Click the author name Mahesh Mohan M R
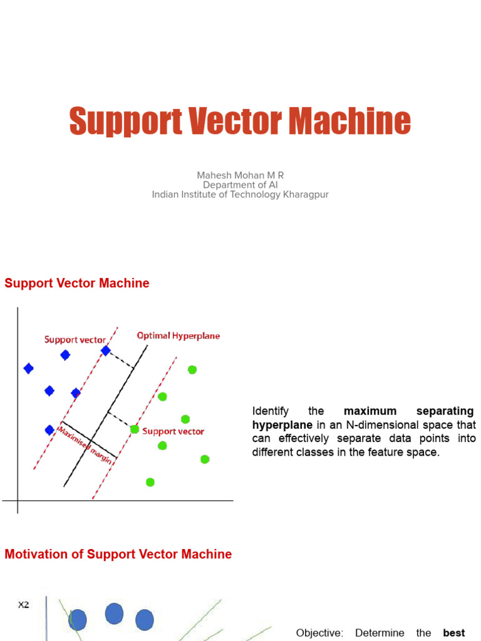click(240, 175)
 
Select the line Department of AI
click(240, 185)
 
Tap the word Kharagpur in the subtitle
click(306, 195)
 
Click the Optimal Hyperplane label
click(178, 336)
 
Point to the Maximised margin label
click(85, 445)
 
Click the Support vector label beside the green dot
click(173, 431)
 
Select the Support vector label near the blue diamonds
click(75, 340)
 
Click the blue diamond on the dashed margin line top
click(105, 351)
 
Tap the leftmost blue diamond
click(28, 369)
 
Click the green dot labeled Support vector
click(134, 429)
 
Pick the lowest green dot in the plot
click(150, 483)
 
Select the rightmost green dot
click(205, 459)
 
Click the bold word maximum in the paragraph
click(370, 411)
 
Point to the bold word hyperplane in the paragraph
click(282, 425)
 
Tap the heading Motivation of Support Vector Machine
click(118, 554)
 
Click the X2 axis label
click(23, 605)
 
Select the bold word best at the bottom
click(454, 633)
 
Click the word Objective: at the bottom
click(319, 633)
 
